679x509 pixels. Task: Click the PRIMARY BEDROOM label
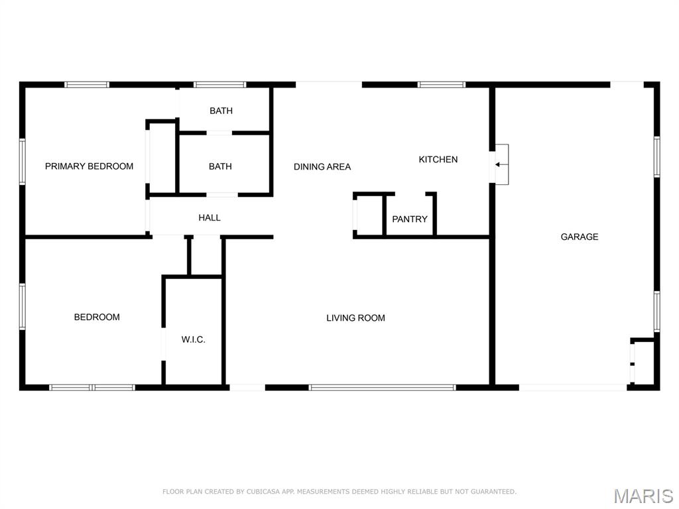click(x=90, y=166)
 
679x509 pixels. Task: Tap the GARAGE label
click(x=580, y=237)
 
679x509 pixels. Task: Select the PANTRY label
click(x=410, y=219)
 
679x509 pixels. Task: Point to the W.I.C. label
click(x=193, y=339)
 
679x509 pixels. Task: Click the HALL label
click(x=210, y=217)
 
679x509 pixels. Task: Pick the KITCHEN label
click(x=438, y=159)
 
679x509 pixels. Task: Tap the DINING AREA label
click(x=322, y=166)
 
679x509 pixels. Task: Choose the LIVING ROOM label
click(x=355, y=318)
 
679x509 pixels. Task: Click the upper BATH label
click(x=221, y=111)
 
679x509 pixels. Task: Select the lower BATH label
click(x=220, y=166)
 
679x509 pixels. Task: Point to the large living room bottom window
click(x=382, y=387)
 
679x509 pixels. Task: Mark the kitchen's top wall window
click(x=441, y=85)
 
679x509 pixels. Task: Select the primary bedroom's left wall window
click(x=22, y=162)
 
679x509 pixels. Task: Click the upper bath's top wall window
click(x=219, y=85)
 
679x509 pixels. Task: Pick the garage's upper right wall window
click(x=656, y=156)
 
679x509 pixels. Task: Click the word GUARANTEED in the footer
click(x=493, y=492)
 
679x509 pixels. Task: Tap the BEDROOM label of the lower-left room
click(x=97, y=317)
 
